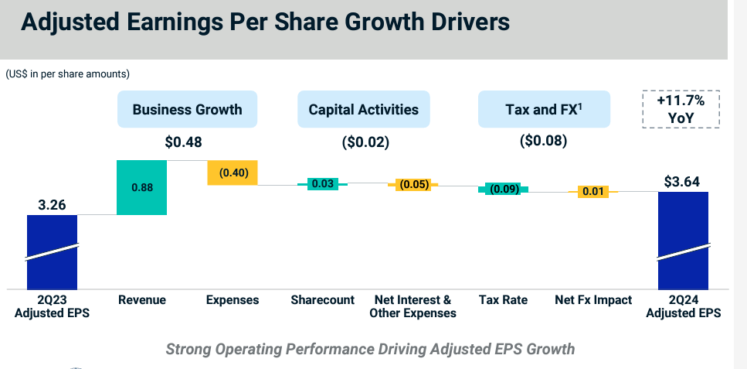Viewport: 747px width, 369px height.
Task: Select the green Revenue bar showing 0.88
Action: (x=142, y=187)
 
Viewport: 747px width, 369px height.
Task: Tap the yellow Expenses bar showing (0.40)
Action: (x=233, y=173)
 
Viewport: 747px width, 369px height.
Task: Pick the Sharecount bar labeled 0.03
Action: (x=323, y=184)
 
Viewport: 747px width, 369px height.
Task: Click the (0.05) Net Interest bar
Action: (x=413, y=185)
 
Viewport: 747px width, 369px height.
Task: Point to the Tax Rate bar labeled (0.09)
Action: (x=504, y=189)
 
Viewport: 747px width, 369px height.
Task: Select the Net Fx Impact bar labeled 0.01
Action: (x=593, y=191)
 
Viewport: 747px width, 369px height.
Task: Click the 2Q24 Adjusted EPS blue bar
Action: (x=684, y=239)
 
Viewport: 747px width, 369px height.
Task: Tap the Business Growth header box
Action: (x=187, y=109)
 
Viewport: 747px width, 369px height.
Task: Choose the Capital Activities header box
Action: (x=363, y=109)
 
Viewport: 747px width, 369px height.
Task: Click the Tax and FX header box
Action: (x=544, y=109)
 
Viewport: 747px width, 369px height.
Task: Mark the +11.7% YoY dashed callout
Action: (x=681, y=110)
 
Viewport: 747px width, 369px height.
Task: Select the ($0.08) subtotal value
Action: (x=544, y=141)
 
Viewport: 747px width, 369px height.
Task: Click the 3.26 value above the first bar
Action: (x=53, y=206)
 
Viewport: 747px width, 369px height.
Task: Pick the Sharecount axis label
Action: (x=323, y=299)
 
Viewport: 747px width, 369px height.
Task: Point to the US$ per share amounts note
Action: (x=67, y=74)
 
